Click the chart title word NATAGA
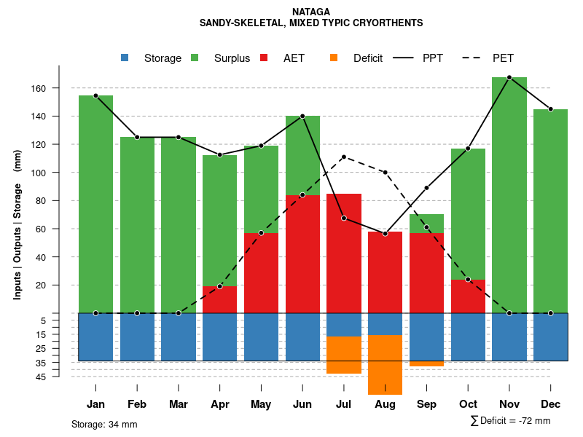(310, 12)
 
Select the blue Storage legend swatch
(125, 58)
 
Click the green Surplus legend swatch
(195, 58)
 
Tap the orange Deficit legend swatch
(334, 58)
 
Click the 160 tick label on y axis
(59, 88)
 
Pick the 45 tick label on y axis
(61, 377)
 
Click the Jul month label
(344, 404)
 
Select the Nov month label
(509, 404)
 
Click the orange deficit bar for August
(386, 364)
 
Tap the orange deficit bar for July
(344, 355)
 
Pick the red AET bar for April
(220, 299)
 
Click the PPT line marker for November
(509, 77)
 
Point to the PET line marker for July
(344, 157)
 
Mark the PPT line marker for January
(95, 95)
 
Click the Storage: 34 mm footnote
(104, 424)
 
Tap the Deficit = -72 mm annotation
(510, 421)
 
